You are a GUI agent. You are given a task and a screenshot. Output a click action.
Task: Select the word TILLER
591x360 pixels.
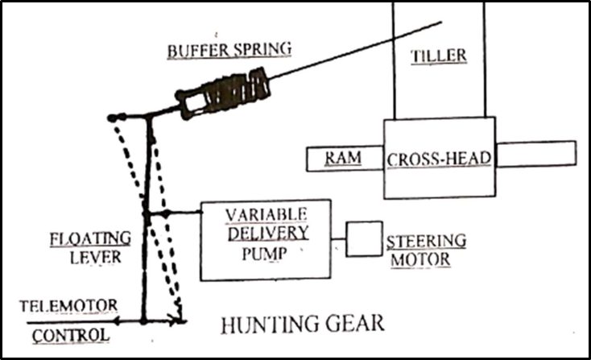coord(438,56)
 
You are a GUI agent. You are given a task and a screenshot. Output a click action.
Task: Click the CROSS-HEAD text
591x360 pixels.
coord(439,158)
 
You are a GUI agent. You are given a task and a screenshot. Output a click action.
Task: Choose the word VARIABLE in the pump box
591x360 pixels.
coord(265,214)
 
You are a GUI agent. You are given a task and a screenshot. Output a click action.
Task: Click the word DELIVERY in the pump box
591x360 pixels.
coord(265,233)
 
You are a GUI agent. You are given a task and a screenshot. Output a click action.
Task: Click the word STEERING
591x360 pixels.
coord(426,241)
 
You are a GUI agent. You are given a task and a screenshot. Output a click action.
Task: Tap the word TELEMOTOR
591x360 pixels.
coord(69,305)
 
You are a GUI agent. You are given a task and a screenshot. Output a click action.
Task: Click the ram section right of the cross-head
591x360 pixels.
coord(535,154)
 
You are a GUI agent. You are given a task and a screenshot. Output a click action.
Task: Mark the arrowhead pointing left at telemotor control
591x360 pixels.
coord(116,321)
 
